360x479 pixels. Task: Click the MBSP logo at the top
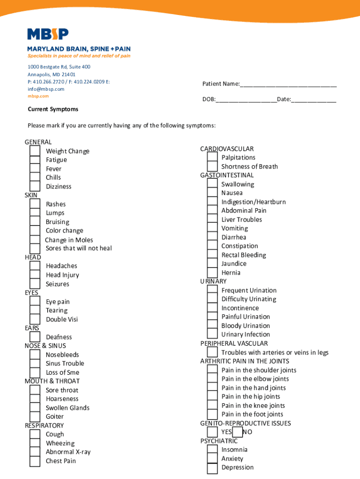pos(48,34)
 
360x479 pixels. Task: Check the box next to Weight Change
pos(35,151)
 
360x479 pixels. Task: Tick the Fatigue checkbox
pos(35,160)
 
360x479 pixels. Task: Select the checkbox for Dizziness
pos(35,186)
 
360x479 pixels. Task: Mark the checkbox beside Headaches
pos(35,266)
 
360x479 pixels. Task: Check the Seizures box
pos(35,283)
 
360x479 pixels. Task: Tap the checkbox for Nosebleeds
pos(35,355)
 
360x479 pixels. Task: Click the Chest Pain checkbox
pos(35,461)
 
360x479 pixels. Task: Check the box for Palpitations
pos(212,157)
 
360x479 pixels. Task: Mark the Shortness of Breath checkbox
pos(212,166)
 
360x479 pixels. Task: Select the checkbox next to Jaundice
pos(212,263)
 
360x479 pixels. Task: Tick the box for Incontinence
pos(212,308)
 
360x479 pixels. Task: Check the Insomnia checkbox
pos(212,450)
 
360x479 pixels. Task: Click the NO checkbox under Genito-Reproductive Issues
pos(238,432)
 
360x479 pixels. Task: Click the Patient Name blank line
pos(288,84)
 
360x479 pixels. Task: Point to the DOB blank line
pos(246,100)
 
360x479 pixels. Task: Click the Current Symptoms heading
pos(53,109)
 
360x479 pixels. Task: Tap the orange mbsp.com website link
pos(38,96)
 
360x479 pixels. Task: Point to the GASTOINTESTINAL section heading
pos(227,175)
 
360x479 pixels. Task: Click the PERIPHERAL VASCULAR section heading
pos(234,343)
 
